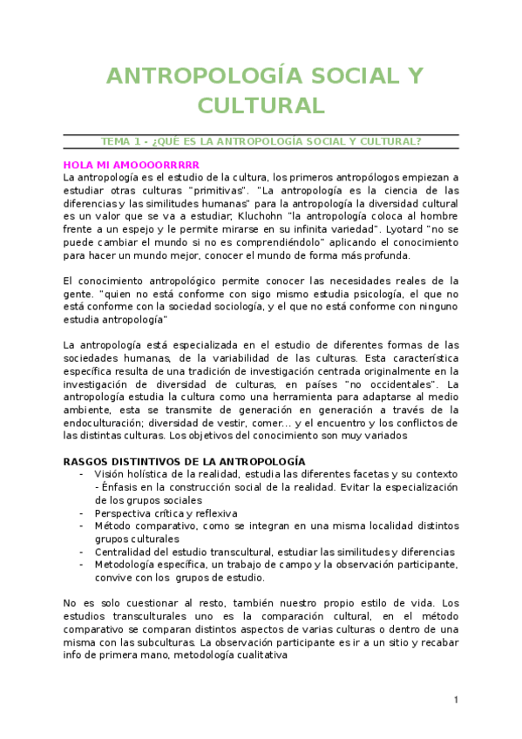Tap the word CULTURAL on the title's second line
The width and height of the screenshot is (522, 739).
pos(261,105)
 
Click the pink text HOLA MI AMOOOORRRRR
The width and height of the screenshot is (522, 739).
pos(132,164)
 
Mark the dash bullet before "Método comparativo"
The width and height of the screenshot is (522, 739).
pos(82,525)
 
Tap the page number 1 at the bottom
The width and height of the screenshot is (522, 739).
pos(456,700)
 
